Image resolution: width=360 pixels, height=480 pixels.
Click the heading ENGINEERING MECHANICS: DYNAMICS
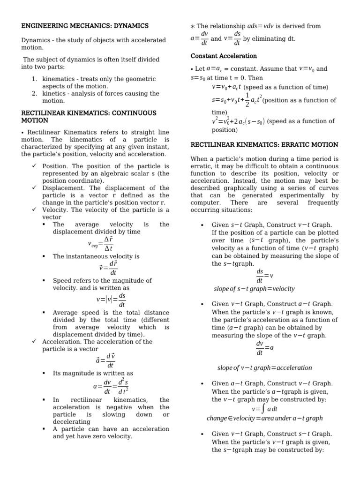(x=85, y=26)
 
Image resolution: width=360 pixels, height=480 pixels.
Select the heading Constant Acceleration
(x=224, y=56)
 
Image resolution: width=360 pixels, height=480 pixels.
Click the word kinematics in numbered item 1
(x=60, y=79)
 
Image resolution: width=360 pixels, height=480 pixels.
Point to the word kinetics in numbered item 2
(x=55, y=93)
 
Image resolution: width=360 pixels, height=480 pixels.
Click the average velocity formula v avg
(x=100, y=243)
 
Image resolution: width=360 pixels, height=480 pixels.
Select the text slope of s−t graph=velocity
(x=254, y=289)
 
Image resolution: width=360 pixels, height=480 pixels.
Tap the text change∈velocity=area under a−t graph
(x=264, y=418)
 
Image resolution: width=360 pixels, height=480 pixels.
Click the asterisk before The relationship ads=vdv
(x=192, y=26)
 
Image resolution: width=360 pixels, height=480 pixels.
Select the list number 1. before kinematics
(x=34, y=79)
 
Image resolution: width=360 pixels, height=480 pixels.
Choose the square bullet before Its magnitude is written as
(x=45, y=373)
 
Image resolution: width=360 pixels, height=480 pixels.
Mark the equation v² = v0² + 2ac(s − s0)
(x=239, y=121)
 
